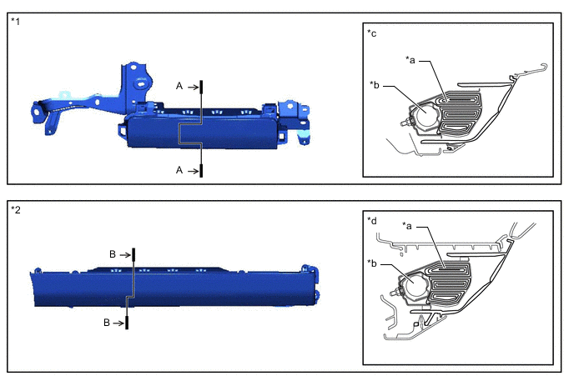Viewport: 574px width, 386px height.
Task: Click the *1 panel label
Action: (x=15, y=21)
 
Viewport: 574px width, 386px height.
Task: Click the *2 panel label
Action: (x=16, y=209)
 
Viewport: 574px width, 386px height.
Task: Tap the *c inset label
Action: (x=371, y=33)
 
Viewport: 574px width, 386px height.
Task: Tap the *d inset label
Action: (x=371, y=221)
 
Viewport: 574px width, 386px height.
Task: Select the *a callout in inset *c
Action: (x=410, y=60)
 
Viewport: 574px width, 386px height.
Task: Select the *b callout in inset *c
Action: (x=375, y=85)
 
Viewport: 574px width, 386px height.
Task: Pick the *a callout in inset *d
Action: (x=406, y=226)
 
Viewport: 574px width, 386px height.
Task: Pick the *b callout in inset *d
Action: (x=372, y=263)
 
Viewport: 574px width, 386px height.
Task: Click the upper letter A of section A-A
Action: (x=179, y=86)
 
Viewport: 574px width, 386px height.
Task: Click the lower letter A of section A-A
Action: (x=179, y=170)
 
